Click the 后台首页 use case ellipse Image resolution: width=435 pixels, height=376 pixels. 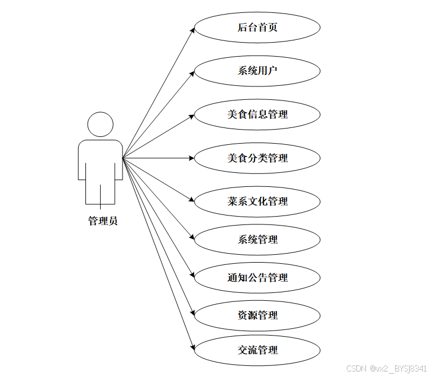(257, 27)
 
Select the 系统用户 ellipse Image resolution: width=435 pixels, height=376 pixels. (257, 71)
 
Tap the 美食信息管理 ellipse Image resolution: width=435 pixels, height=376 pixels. (257, 114)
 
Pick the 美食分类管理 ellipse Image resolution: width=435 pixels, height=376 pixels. (257, 158)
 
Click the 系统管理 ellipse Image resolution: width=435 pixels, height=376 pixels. (257, 240)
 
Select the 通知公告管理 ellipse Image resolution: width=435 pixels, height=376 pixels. (257, 277)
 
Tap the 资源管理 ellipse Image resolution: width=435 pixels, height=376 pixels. (257, 315)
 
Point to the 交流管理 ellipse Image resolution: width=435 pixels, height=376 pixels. (257, 350)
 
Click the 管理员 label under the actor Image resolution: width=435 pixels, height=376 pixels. (103, 221)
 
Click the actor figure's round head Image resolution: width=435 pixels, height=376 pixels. (100, 125)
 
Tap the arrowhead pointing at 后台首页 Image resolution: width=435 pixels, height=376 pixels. (192, 29)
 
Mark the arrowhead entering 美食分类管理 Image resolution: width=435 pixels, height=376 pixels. (191, 158)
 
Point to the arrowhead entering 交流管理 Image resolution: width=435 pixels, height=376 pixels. (192, 347)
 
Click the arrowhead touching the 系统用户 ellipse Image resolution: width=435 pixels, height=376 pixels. (192, 72)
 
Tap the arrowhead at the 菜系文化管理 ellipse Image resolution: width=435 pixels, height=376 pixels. (192, 200)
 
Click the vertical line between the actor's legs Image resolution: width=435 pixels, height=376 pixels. (101, 194)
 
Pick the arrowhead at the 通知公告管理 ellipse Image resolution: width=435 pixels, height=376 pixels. (192, 276)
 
